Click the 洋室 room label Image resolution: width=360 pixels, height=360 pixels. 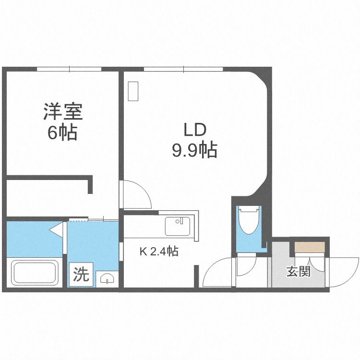(63, 112)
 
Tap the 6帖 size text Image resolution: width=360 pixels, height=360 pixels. (62, 132)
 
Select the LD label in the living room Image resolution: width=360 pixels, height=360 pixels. (195, 130)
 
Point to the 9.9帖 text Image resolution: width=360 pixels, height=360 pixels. (195, 150)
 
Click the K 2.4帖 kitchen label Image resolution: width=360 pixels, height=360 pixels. (159, 251)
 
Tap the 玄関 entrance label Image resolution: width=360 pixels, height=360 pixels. (299, 272)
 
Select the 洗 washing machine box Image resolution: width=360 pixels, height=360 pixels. (82, 274)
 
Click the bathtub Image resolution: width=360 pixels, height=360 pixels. (35, 273)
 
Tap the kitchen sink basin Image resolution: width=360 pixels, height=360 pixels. (178, 227)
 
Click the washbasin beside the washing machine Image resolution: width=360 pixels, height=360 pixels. (107, 278)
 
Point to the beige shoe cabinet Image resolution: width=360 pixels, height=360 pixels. (310, 247)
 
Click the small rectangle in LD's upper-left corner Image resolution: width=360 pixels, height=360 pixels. (133, 91)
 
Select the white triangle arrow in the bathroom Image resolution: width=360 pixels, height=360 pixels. (56, 230)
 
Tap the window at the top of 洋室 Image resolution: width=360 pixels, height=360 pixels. (69, 69)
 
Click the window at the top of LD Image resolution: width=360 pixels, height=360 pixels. (183, 69)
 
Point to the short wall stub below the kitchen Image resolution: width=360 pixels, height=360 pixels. (196, 276)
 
